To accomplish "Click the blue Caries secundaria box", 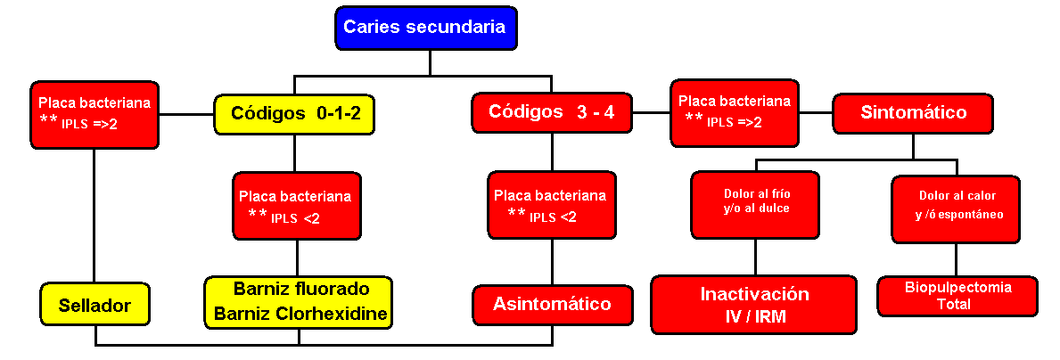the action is (x=426, y=29).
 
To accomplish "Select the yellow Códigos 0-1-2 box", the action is (x=294, y=113).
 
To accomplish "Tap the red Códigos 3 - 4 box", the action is (x=552, y=113).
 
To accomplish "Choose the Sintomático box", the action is (x=913, y=113).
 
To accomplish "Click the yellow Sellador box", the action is (x=94, y=306).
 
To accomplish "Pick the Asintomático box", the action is (x=553, y=305).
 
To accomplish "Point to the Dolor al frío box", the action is (x=755, y=205).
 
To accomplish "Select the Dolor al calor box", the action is (x=956, y=209).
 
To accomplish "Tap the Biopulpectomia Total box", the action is (x=957, y=296).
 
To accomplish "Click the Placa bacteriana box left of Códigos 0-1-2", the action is (x=94, y=115).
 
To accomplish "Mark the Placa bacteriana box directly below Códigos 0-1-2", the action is (x=296, y=206).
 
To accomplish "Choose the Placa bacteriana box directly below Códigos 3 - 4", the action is (x=552, y=205).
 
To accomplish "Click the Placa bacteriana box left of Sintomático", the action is (x=735, y=112).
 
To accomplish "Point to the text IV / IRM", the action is (x=754, y=316).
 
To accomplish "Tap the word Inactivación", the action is (x=754, y=294).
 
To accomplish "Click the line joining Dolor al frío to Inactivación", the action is (x=755, y=257).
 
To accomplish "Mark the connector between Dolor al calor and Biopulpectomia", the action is (x=956, y=259).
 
